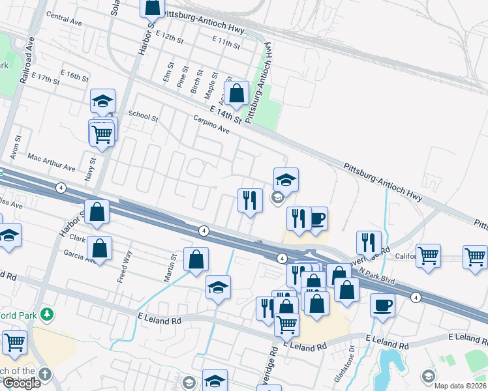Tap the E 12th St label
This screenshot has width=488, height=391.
166,36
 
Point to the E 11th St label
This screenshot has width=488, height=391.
226,44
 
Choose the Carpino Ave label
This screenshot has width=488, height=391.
211,124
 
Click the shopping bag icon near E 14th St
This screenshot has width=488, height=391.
236,93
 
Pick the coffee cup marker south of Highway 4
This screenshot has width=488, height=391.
382,304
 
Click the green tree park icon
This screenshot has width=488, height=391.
46,315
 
